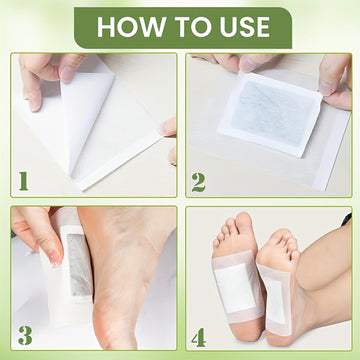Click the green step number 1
coord(23,181)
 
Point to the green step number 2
coord(199,182)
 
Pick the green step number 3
coord(25,335)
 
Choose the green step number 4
coord(198,336)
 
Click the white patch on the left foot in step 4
coord(234,288)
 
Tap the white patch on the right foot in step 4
coord(276,299)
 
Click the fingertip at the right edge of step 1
coord(168,128)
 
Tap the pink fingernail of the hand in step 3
coord(54,257)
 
